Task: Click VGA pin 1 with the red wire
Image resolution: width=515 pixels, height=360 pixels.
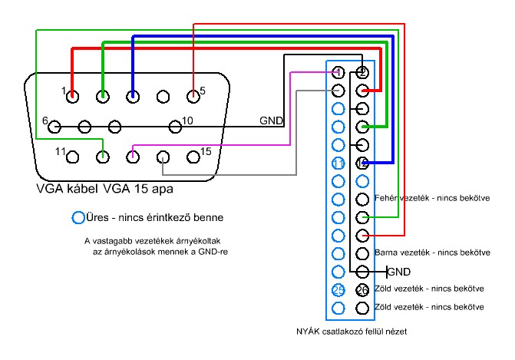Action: click(x=72, y=97)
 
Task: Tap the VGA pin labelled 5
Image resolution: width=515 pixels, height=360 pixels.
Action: click(x=193, y=97)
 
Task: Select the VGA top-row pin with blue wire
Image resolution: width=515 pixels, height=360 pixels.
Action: click(x=133, y=97)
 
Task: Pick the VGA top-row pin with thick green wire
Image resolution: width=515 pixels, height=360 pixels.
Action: click(x=102, y=97)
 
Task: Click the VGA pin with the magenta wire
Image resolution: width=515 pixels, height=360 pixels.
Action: click(x=133, y=157)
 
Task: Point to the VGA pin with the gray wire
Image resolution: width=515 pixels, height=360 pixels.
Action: click(x=163, y=157)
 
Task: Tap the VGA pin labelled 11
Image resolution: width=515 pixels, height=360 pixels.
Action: click(x=72, y=157)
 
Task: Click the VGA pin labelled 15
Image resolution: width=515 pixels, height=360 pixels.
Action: click(x=193, y=157)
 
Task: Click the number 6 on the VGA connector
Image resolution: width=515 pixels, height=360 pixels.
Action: click(x=45, y=121)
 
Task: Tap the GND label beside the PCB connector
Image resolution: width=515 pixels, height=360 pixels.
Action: click(x=399, y=272)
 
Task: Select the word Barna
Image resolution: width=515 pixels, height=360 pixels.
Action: click(x=385, y=252)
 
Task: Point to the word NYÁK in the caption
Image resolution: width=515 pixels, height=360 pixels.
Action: click(x=309, y=332)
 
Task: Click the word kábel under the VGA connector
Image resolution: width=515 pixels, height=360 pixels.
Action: click(x=78, y=187)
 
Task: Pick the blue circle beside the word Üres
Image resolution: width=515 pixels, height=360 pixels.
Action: click(x=78, y=217)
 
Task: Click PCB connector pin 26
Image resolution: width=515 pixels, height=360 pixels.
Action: click(x=362, y=290)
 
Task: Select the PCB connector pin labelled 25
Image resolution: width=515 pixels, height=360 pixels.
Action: click(x=338, y=290)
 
